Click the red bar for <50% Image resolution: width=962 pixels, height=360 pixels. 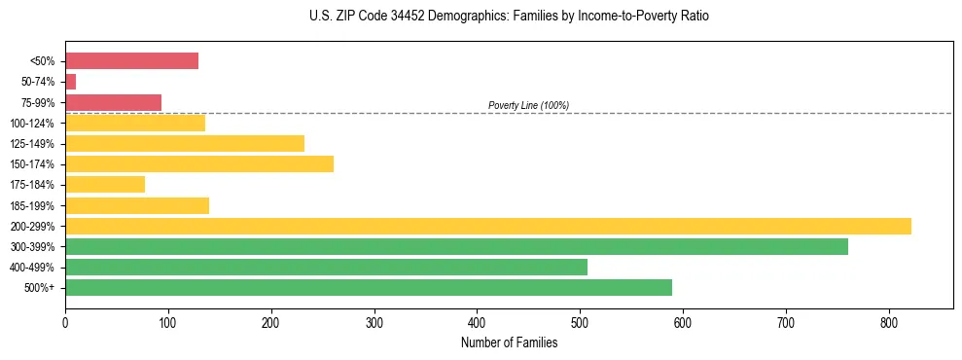coord(131,60)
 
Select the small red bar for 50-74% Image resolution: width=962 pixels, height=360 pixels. coord(70,82)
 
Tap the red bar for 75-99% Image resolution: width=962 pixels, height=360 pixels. coord(113,102)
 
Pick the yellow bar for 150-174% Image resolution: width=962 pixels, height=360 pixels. coord(198,163)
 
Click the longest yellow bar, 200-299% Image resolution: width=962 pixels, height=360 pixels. coord(487,226)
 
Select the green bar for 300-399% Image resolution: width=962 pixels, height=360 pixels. coord(456,246)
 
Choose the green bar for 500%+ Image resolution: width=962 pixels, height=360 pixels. coord(368,287)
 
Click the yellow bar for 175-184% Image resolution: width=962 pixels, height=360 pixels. coord(104,184)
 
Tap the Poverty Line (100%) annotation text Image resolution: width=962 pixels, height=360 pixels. coord(528,105)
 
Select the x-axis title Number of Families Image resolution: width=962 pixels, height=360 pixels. coord(509,342)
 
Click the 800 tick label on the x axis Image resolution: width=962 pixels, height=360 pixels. coord(888,322)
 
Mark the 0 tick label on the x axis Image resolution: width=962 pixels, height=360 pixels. coord(65,322)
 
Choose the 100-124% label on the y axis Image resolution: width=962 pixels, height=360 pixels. coord(32,124)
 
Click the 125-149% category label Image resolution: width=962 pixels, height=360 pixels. coord(32,144)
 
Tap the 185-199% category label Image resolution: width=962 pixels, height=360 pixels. coord(32,205)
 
